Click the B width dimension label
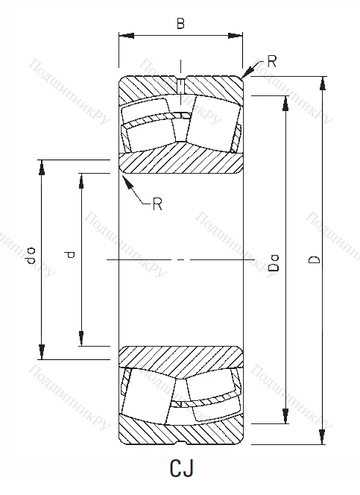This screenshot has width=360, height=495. [180, 24]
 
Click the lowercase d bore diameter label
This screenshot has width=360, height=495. [71, 255]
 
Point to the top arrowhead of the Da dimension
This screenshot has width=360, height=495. [284, 101]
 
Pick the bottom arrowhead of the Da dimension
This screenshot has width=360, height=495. [284, 419]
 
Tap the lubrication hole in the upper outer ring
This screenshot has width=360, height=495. [180, 83]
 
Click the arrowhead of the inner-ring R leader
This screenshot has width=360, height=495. [124, 177]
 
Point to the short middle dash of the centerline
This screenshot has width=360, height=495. [180, 259]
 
